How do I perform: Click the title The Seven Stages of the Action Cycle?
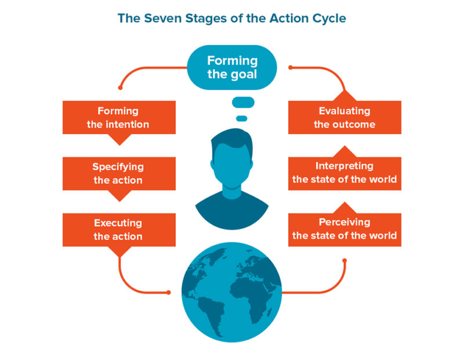231,18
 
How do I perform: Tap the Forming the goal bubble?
232,68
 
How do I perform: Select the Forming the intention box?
119,118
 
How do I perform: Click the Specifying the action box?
119,173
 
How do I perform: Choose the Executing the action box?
119,230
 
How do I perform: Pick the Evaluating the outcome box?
345,118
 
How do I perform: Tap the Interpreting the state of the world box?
345,173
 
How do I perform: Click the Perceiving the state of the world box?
345,230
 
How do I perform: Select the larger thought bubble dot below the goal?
243,103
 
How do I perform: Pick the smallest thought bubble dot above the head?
242,118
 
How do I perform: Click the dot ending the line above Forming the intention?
120,88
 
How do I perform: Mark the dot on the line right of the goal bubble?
290,68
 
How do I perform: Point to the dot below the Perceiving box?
345,260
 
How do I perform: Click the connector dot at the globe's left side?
171,292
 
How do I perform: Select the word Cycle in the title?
329,18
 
